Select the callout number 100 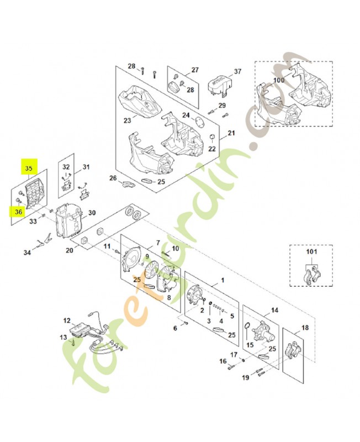pos(279,80)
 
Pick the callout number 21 pos(231,133)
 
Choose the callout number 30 pos(92,213)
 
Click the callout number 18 pos(305,328)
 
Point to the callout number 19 pos(246,378)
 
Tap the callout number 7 pos(157,243)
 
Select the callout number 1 pos(223,281)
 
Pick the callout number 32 pos(66,167)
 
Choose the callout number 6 pos(176,328)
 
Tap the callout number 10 pos(176,249)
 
